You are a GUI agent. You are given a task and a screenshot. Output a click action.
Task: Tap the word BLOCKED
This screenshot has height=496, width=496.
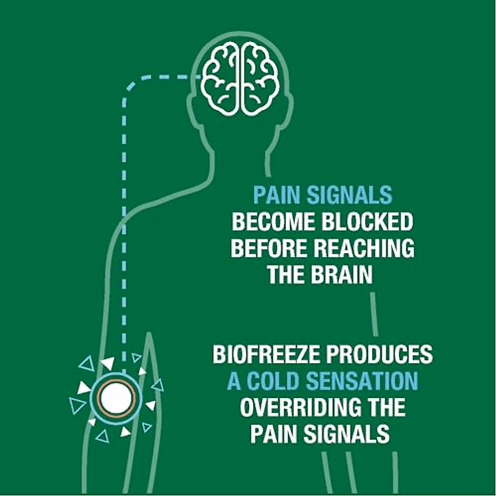tap(367, 222)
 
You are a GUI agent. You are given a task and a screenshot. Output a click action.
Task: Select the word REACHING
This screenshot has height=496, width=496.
tap(364, 248)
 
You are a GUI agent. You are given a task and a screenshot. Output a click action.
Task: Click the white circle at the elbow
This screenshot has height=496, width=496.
tap(116, 398)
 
